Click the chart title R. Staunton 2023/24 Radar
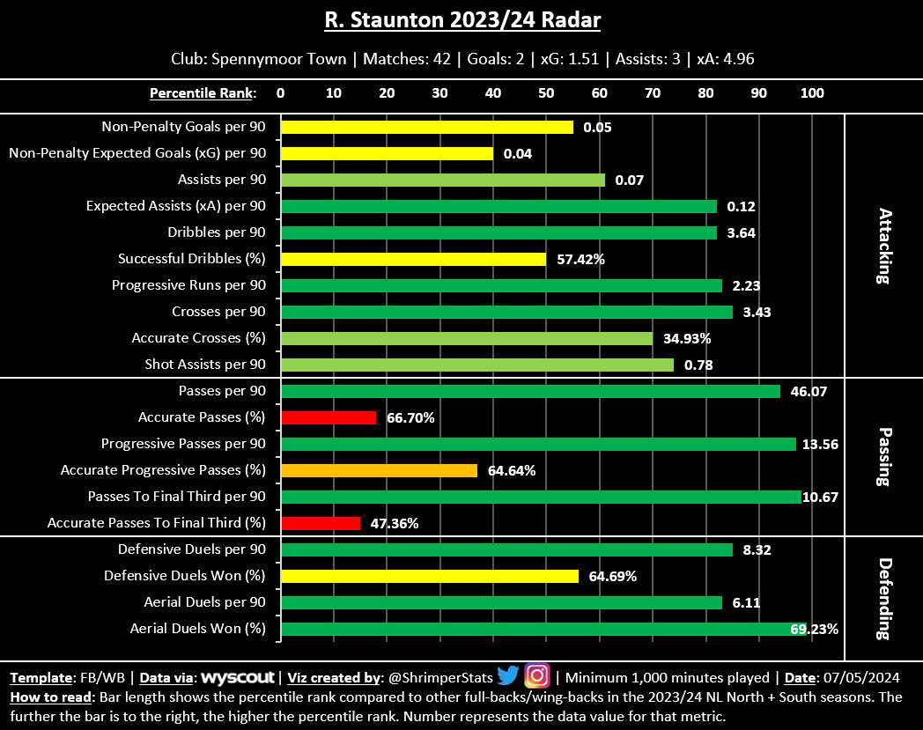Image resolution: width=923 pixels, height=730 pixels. tap(461, 20)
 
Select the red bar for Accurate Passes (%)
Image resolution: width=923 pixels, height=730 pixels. tap(329, 417)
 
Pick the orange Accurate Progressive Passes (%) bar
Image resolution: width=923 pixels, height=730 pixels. tap(379, 470)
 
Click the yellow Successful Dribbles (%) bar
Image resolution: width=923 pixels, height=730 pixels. tap(413, 259)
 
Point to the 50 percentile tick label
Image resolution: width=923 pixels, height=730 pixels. tap(546, 92)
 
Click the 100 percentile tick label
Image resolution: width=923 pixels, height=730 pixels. tap(811, 92)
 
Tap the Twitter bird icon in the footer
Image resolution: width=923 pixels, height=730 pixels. tap(508, 676)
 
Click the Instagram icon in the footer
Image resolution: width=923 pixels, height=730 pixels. tap(537, 676)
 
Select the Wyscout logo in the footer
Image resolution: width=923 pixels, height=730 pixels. tap(239, 678)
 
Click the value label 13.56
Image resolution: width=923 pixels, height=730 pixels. tap(820, 444)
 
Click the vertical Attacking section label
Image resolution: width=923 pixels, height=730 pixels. tap(884, 246)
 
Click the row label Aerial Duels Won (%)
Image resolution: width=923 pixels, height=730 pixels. tap(197, 629)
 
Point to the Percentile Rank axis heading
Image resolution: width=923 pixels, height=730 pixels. tap(203, 92)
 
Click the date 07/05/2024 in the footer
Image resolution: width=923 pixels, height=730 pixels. tap(863, 678)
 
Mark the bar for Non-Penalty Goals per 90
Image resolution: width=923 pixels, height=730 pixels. tap(426, 127)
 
